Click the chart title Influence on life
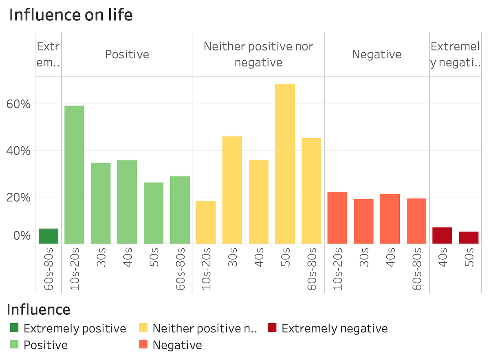70,15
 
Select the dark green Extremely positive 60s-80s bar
48,236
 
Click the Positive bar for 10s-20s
74,174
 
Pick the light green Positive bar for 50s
154,213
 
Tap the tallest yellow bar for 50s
285,164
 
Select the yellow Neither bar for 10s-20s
206,222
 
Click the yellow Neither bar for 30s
232,190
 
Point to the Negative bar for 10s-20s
337,218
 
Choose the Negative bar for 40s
390,219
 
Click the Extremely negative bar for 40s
442,235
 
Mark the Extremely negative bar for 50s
469,237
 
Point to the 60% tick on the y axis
18,104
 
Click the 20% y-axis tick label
18,197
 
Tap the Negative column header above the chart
377,55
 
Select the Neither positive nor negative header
258,54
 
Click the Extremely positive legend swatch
14,328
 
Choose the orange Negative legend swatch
143,345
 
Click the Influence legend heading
38,310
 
